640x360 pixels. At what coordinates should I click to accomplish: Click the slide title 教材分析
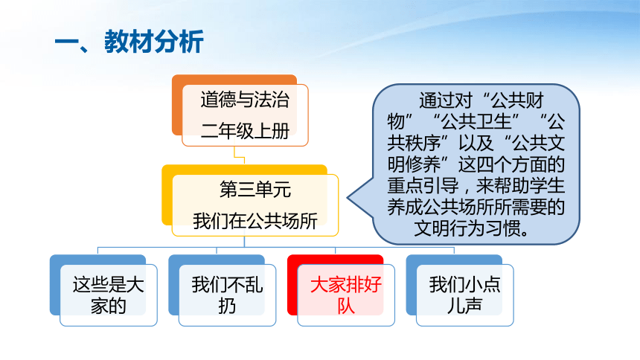(154, 41)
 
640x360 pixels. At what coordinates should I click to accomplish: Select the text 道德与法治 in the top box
(245, 100)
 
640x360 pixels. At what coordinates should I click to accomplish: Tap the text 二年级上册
(245, 131)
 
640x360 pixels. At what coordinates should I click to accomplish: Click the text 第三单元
(255, 190)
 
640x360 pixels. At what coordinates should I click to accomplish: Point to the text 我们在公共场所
(255, 221)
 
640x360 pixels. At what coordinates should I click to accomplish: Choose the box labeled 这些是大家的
(109, 295)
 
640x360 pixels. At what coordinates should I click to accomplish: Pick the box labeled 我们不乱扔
(227, 295)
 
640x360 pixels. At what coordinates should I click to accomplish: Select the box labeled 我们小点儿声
(465, 295)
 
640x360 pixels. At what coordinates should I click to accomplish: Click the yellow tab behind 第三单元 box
(167, 195)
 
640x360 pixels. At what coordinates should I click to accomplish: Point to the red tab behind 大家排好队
(292, 285)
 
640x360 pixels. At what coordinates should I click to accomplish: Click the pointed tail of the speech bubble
(348, 198)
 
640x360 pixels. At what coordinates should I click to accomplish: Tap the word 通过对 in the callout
(446, 100)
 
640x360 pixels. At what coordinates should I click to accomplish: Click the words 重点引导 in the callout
(423, 186)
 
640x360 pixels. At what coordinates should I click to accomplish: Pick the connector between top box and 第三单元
(239, 155)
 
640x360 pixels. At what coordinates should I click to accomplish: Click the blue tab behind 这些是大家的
(54, 285)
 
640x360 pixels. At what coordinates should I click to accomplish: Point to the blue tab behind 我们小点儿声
(411, 285)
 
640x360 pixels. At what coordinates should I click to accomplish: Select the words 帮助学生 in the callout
(529, 186)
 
